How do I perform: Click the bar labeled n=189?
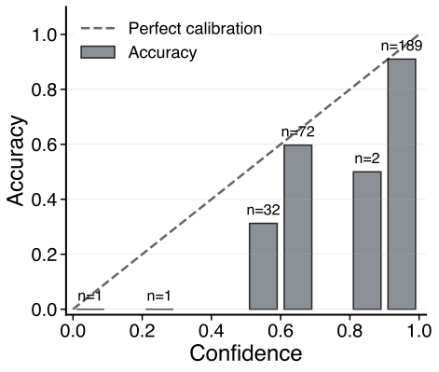coord(402,184)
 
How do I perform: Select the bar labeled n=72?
coord(298,227)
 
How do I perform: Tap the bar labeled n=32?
coord(264,266)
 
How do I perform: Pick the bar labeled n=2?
coord(367,240)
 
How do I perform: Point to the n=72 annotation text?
coord(298,131)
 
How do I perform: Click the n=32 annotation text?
coord(264,210)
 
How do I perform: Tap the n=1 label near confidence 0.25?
coord(159,296)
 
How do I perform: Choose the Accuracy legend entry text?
coord(163,52)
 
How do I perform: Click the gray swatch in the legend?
coord(98,52)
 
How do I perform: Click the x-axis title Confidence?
coord(246,354)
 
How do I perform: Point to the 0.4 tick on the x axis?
coord(212,329)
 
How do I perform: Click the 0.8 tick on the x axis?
coord(350,329)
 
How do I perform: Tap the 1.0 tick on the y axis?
coord(44,35)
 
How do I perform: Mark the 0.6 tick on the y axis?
coord(44,145)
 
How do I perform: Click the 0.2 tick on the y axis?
coord(44,255)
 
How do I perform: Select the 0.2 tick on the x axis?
coord(143,329)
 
